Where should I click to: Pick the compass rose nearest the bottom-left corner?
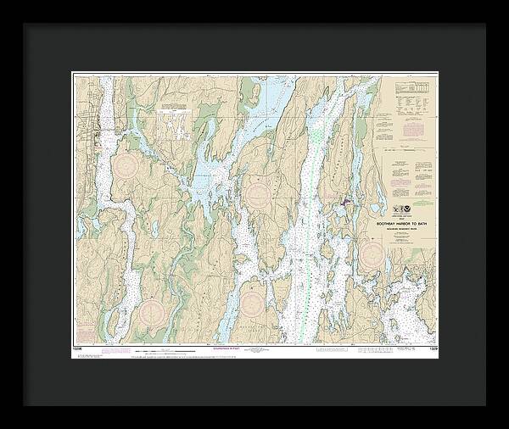click(151, 310)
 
